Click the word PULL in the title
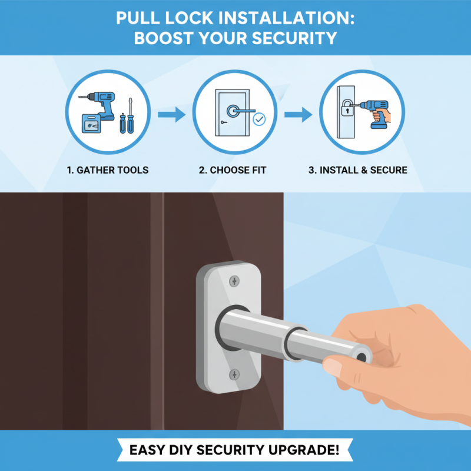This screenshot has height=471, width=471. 140,17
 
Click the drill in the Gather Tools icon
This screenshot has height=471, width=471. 103,105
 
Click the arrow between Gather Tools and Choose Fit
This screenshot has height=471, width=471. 171,115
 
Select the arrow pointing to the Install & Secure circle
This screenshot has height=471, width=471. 298,115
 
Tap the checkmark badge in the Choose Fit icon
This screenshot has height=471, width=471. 258,120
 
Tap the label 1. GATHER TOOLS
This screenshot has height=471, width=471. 108,170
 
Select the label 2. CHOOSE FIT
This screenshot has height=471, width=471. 233,170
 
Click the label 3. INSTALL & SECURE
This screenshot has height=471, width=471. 358,170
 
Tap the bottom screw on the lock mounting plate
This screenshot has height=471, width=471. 234,374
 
